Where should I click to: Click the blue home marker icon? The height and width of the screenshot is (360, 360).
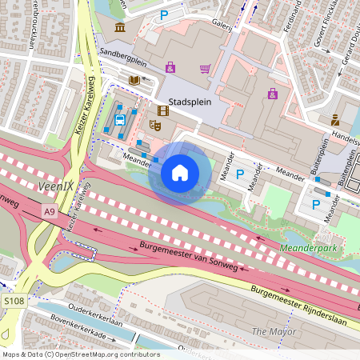pos(180,172)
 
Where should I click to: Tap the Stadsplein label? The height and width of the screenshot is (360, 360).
pos(190,102)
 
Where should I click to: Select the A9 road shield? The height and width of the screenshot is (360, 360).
pos(50,210)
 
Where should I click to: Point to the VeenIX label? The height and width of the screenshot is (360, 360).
pos(55,186)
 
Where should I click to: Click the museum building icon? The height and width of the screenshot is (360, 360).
pos(120,28)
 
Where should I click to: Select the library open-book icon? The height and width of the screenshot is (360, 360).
pos(134,80)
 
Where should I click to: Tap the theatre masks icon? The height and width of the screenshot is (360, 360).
pos(157,125)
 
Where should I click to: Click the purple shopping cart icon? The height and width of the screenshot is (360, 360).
pos(206,68)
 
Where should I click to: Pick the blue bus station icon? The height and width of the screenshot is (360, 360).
pos(120,121)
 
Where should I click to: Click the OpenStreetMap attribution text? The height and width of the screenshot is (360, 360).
pos(80,354)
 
